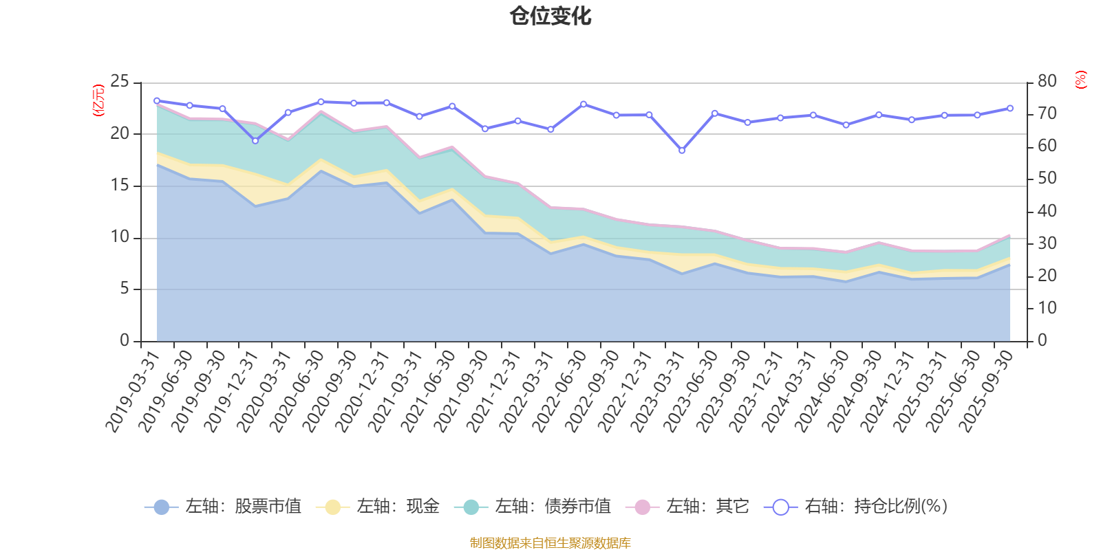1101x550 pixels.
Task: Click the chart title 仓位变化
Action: pyautogui.click(x=550, y=16)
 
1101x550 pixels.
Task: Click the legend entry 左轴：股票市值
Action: pyautogui.click(x=224, y=507)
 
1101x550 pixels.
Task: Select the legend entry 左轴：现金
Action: pyautogui.click(x=378, y=507)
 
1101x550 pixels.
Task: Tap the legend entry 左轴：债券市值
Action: pyautogui.click(x=533, y=507)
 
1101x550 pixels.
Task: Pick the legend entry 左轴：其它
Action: pyautogui.click(x=687, y=507)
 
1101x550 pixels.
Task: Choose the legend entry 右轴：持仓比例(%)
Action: pyautogui.click(x=856, y=507)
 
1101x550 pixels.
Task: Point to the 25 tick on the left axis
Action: pyautogui.click(x=120, y=82)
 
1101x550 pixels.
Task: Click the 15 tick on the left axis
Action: pyautogui.click(x=120, y=186)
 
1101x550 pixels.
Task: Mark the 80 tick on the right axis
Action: pyautogui.click(x=1047, y=81)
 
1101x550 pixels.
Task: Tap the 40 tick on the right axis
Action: pyautogui.click(x=1047, y=211)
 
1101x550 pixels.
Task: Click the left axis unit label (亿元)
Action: pyautogui.click(x=98, y=100)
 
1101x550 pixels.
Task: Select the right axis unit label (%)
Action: pyautogui.click(x=1080, y=80)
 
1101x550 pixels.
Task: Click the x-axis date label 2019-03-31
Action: pyautogui.click(x=133, y=390)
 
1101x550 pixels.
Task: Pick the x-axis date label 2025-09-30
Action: pyautogui.click(x=987, y=390)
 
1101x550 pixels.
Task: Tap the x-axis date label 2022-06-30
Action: pyautogui.click(x=559, y=390)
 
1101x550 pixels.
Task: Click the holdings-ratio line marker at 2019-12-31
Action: pyautogui.click(x=255, y=141)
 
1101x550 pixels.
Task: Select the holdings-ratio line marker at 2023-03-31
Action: pyautogui.click(x=682, y=151)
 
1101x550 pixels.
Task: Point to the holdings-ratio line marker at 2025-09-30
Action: pyautogui.click(x=1010, y=108)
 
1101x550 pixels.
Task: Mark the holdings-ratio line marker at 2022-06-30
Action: pyautogui.click(x=584, y=104)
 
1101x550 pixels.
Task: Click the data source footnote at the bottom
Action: pyautogui.click(x=550, y=543)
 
